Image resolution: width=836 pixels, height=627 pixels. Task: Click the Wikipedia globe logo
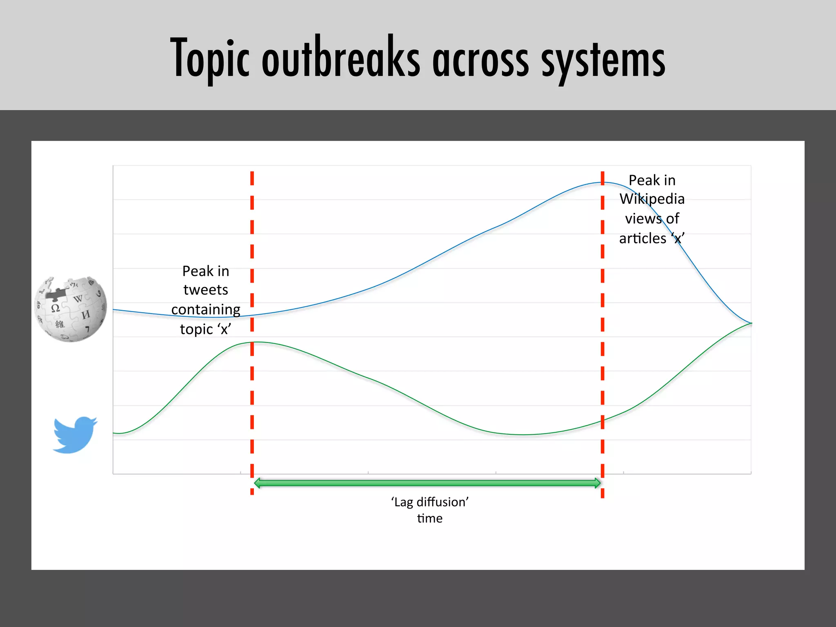click(x=71, y=309)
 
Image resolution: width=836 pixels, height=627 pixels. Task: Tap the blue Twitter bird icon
click(x=75, y=435)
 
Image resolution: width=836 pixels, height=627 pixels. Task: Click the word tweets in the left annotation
click(x=206, y=290)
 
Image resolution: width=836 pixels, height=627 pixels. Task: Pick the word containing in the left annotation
click(x=206, y=309)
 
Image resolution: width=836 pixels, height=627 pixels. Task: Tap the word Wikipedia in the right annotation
click(x=652, y=199)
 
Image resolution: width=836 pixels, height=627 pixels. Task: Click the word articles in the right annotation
click(x=643, y=238)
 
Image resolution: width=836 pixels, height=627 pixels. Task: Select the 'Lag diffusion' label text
click(x=429, y=502)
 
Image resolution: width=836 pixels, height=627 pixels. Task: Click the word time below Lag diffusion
click(x=429, y=518)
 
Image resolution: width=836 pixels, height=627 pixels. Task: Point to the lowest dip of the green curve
click(x=522, y=435)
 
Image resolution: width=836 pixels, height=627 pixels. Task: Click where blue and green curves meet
click(x=751, y=323)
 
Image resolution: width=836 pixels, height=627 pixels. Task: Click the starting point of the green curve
click(x=114, y=433)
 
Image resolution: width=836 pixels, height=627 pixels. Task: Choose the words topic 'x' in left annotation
click(x=206, y=329)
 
